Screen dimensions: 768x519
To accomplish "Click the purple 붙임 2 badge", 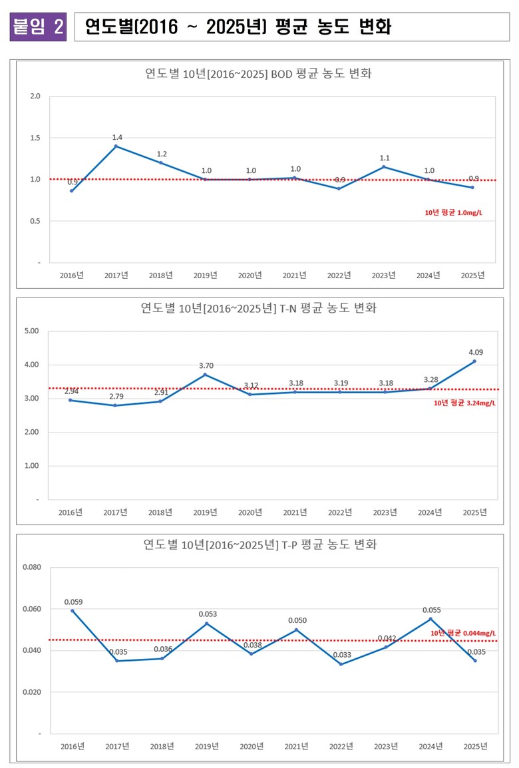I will coord(38,27).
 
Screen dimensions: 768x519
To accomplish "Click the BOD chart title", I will coord(258,73).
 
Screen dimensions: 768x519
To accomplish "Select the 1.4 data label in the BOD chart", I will coord(117,137).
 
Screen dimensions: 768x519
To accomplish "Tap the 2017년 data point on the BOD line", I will coord(116,146).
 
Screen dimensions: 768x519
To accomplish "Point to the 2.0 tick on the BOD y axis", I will coord(35,96).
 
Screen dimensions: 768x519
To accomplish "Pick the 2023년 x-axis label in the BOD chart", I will coord(383,275).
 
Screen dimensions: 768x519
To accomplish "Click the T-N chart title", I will coord(258,308).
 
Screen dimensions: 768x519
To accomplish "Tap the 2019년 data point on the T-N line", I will coord(206,375).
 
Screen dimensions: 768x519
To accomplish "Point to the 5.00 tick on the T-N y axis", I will coord(32,331).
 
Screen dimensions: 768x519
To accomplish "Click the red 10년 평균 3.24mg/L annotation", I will coord(464,403).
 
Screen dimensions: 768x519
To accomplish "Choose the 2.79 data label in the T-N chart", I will coord(117,397).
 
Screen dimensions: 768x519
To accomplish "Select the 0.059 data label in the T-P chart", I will coord(73,602).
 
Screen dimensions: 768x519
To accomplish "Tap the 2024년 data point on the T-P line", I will coord(431,619).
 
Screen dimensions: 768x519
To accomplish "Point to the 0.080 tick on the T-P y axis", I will coord(31,568).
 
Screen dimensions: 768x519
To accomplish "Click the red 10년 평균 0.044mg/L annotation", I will coord(463,633).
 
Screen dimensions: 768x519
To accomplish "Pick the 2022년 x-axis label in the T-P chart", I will coord(341,746).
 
